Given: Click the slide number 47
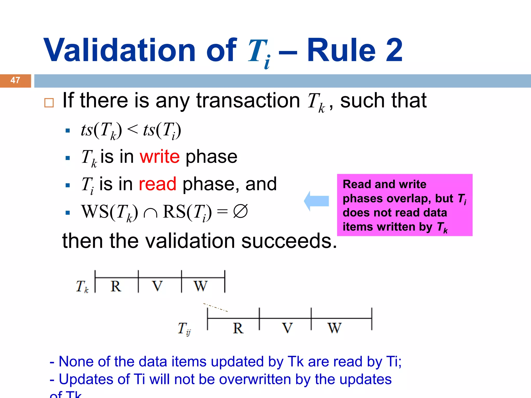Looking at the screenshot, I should click(15, 80).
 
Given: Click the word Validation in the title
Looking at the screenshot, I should click(119, 51).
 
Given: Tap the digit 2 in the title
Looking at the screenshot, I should click(394, 51).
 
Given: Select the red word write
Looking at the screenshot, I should click(159, 157).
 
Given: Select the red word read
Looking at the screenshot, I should click(157, 184).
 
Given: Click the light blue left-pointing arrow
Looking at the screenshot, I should click(316, 201).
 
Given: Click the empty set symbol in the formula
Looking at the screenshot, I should click(240, 211).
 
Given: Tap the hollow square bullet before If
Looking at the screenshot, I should click(49, 103).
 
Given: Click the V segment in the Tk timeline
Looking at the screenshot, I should click(157, 286).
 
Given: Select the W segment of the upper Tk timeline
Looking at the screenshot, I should click(200, 286).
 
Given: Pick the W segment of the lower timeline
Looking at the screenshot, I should click(334, 328).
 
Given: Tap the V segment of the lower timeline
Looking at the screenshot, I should click(287, 328).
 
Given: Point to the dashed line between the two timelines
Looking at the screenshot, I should click(215, 307).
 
